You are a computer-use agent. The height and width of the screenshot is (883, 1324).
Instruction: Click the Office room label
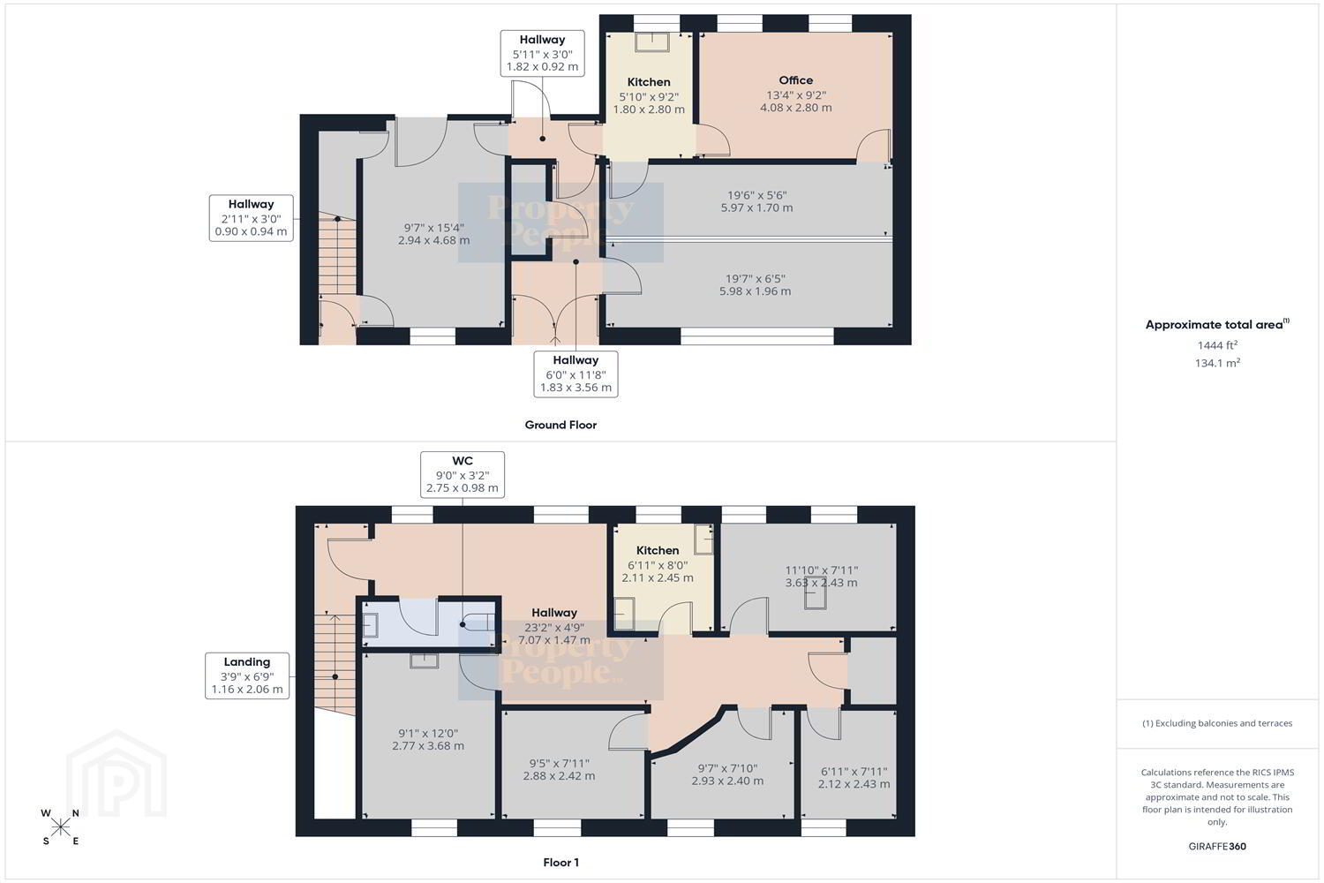coord(795,80)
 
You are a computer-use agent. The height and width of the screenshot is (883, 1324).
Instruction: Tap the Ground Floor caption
coord(560,425)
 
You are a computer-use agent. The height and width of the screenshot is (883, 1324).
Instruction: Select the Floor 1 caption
coord(560,863)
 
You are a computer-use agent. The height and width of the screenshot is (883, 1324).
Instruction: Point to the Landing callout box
coord(247,676)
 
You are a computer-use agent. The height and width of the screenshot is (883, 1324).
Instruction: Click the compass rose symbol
coord(60,826)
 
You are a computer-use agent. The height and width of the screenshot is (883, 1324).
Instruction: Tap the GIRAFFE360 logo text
coord(1217,846)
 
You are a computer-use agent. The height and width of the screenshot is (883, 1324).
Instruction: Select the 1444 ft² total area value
coord(1217,344)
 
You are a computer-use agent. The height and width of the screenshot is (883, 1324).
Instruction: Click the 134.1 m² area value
coord(1217,363)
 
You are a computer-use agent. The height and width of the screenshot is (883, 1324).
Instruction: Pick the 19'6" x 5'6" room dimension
coord(756,195)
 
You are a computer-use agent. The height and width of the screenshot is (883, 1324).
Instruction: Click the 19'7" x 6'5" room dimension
coord(755,278)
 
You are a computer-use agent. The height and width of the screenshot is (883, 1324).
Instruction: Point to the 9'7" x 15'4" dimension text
coord(434,228)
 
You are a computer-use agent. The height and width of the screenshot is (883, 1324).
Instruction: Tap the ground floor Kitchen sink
coord(652,42)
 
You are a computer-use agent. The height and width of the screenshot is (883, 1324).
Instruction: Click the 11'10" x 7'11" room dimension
coord(821,570)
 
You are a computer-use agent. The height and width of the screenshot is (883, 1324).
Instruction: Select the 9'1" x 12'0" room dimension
coord(428,734)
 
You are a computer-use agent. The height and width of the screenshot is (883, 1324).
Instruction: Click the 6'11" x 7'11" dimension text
coord(854,771)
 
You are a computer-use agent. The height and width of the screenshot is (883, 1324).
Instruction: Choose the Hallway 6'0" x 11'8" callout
coord(575,374)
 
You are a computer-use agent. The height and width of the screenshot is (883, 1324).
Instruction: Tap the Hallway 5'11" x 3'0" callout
coord(542,53)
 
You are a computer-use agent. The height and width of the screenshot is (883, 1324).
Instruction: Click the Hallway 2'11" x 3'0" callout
coord(251,217)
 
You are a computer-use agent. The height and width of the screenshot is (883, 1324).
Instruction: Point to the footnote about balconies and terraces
coord(1217,723)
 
